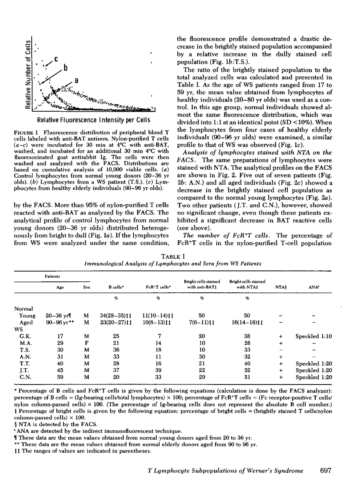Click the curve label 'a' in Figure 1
(x=76, y=81)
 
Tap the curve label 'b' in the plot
(x=65, y=68)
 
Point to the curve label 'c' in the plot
(x=56, y=59)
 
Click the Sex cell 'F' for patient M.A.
(x=84, y=343)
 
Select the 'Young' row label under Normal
(x=27, y=315)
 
